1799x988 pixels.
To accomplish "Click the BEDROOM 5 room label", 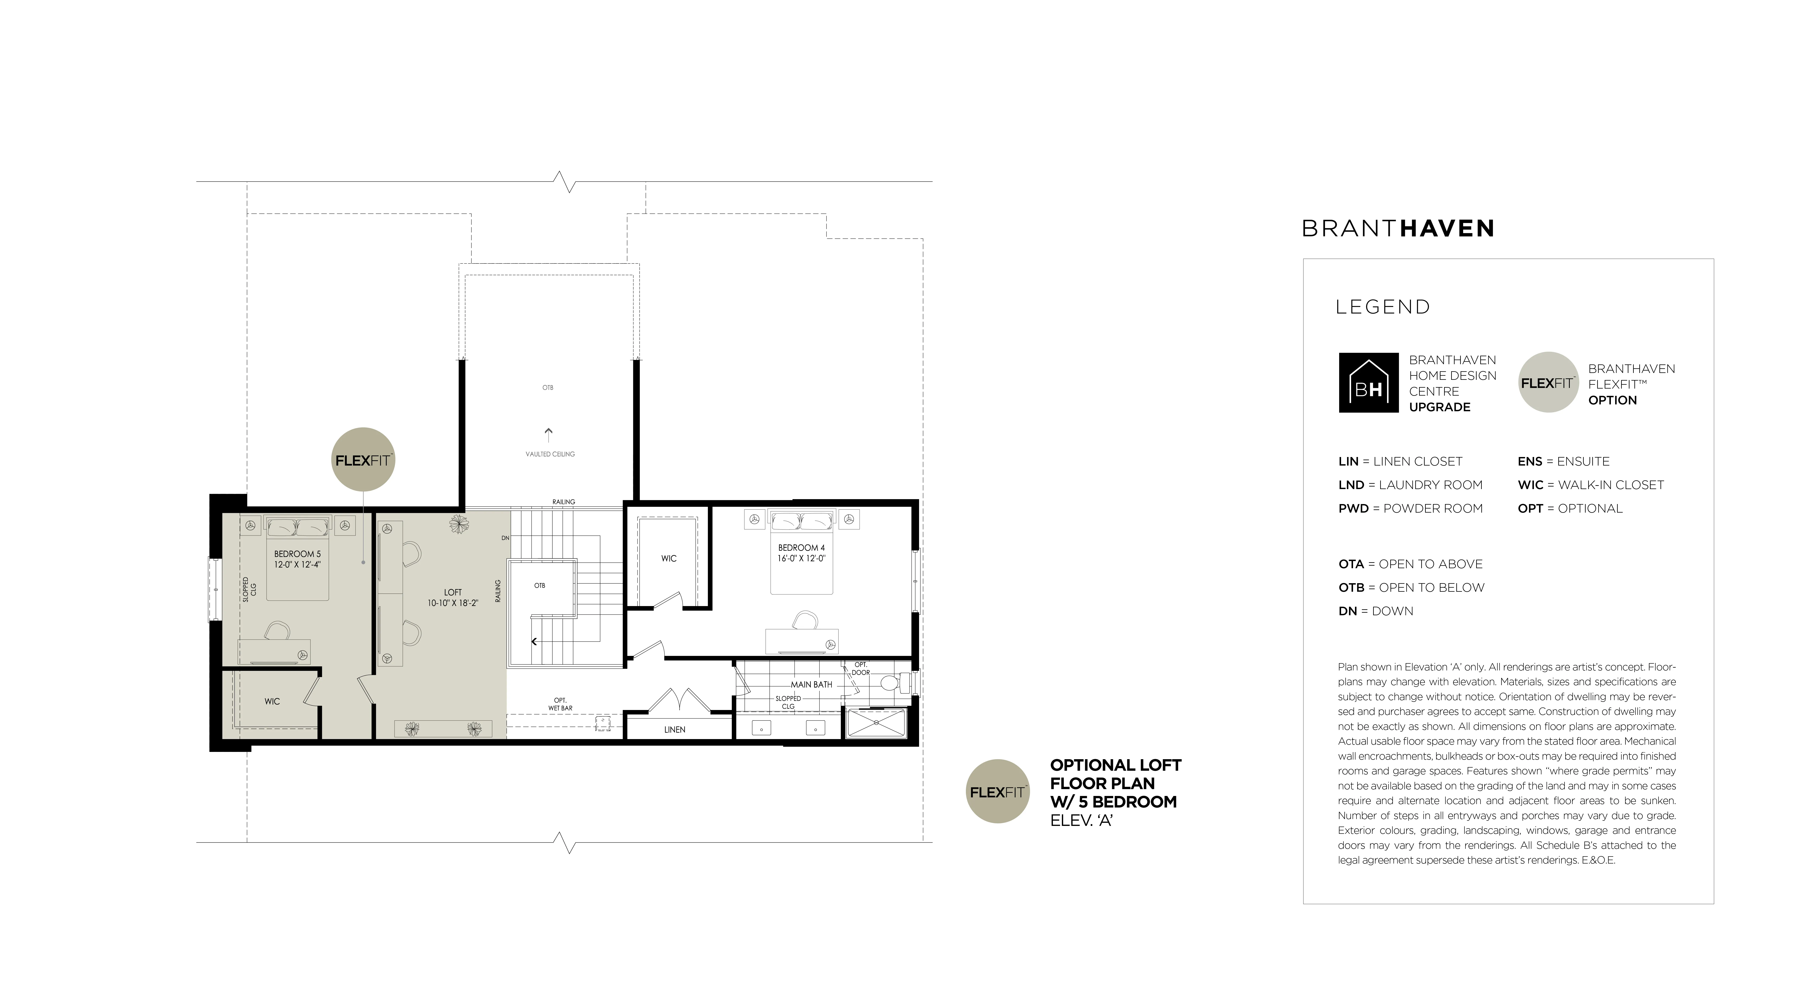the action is [298, 554].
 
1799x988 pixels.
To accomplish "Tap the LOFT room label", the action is [453, 593].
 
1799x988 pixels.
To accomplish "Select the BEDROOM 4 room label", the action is [802, 548].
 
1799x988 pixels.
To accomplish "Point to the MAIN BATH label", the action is [812, 685].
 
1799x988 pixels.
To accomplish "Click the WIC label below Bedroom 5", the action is [272, 701].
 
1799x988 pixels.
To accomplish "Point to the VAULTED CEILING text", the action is [550, 454].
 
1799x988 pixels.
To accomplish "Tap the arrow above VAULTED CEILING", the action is [548, 435].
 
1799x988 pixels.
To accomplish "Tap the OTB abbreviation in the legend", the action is [1351, 588].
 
